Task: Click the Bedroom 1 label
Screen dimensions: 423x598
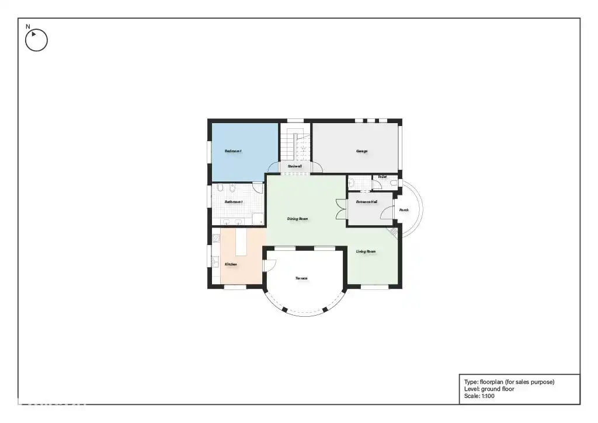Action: [233, 151]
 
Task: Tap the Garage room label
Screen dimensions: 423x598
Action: [361, 151]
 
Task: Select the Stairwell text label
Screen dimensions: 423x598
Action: [295, 166]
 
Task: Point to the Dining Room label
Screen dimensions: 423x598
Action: [297, 219]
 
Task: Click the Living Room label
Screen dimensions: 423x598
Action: [366, 251]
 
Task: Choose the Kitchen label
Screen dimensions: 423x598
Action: [231, 264]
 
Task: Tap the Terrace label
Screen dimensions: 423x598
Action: [301, 278]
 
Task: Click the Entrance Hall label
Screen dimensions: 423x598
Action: [367, 202]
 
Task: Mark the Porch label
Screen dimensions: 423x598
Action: [404, 210]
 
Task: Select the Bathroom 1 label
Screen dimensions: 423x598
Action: [234, 202]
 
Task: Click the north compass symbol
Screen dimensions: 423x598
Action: [36, 40]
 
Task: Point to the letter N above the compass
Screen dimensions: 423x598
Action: [27, 26]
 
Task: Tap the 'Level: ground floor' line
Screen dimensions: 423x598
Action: [489, 389]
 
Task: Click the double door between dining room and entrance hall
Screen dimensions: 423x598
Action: [339, 209]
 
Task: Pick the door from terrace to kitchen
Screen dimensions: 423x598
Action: [269, 265]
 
